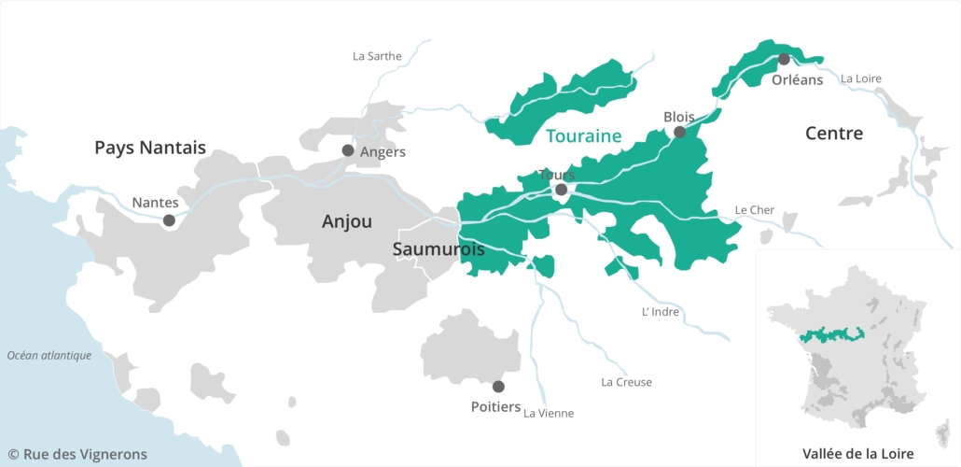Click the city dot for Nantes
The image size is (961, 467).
point(169,220)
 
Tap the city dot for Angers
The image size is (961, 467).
point(348,150)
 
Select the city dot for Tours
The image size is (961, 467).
point(561,190)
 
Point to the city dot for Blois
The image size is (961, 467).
point(679,132)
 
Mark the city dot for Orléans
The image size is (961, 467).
point(784,59)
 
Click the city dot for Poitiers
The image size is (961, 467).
point(498,386)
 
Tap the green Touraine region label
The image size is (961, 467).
point(583,135)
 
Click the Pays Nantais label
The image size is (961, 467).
point(150,147)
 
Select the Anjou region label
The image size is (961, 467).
point(347,221)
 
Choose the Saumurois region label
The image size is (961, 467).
point(439,249)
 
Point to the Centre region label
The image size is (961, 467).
point(834,134)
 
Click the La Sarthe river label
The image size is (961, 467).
point(377,56)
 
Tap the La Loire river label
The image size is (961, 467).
point(860,78)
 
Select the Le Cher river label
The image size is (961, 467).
point(755,210)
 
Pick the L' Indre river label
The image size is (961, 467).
point(661,312)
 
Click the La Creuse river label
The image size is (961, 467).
point(626,382)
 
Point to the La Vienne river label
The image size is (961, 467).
point(549,413)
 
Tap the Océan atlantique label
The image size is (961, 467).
point(49,355)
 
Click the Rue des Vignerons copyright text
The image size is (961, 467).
point(77,454)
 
